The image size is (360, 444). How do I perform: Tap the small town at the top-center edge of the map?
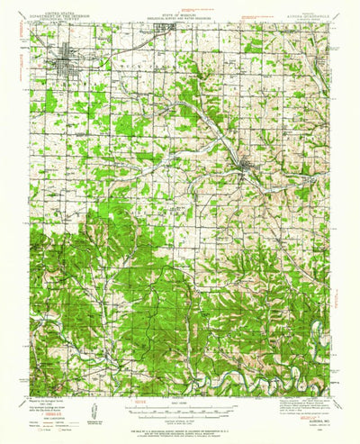166,27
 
